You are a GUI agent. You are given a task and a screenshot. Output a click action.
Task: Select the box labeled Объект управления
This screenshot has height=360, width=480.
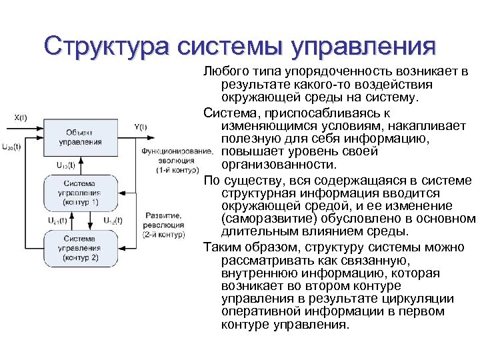80,137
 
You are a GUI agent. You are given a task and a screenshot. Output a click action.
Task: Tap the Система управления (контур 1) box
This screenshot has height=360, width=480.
80,193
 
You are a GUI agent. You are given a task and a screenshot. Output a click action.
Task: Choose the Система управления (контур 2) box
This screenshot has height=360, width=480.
80,248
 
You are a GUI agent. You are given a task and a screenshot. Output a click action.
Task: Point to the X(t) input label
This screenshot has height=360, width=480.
21,118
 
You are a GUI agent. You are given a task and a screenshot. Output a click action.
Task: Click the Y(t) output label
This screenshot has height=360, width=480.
141,127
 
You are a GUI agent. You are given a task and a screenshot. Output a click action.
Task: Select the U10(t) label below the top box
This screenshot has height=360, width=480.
65,165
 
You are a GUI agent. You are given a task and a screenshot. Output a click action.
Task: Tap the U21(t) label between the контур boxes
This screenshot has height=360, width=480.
57,220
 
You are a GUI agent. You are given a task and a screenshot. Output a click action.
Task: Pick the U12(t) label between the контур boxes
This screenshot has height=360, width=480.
113,220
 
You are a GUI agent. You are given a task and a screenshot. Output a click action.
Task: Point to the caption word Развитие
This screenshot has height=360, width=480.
167,215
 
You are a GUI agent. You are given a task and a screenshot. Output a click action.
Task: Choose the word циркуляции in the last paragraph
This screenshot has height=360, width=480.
421,299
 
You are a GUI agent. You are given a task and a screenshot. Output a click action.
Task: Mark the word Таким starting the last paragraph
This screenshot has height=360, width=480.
221,247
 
